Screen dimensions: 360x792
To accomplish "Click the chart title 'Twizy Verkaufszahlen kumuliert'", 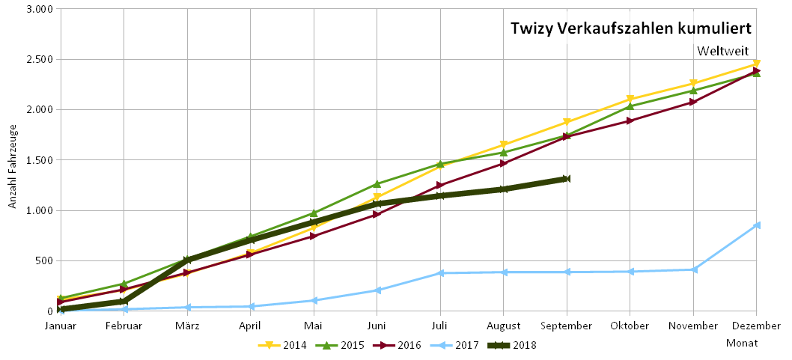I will (x=630, y=28).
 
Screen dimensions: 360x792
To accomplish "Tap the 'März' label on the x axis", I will (x=187, y=326).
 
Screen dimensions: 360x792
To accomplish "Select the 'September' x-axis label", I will (x=567, y=326).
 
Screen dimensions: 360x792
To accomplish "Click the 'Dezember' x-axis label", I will (x=757, y=326).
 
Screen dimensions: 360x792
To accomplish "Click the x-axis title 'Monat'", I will (x=741, y=343).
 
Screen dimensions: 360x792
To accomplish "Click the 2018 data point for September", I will (x=567, y=179).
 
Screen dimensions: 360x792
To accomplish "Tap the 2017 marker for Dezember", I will (x=757, y=225).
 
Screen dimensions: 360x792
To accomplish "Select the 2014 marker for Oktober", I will (x=630, y=100).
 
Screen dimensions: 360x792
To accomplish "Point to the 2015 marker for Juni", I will (x=377, y=183).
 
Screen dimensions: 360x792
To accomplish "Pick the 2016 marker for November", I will (x=693, y=102).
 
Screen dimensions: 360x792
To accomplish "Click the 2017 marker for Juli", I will (x=441, y=273).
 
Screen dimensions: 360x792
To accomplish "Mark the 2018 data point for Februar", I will (x=124, y=301).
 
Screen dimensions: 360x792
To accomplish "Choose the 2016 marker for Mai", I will (x=314, y=236).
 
